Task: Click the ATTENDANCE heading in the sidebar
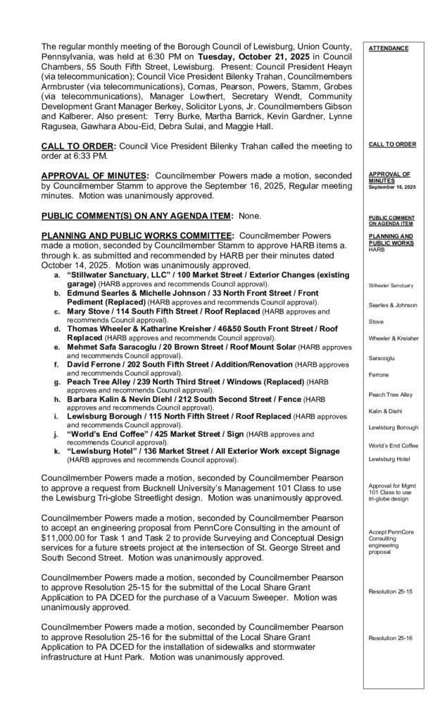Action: (388, 49)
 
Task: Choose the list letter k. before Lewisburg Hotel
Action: (58, 451)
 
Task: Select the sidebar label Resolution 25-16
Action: (390, 638)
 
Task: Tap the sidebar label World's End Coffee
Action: (394, 445)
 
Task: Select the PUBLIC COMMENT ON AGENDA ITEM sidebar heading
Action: (391, 221)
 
